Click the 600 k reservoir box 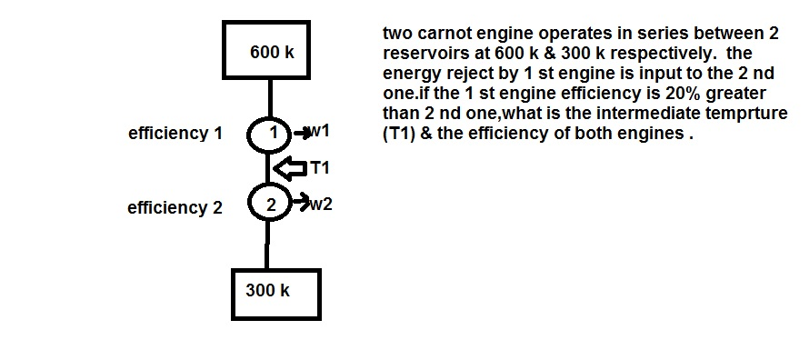[270, 52]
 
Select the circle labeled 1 [269, 133]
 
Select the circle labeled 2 [270, 203]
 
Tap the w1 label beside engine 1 [319, 131]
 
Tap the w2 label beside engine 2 [322, 204]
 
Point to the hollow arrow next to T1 [291, 168]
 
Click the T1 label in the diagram [320, 167]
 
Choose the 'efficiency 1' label [175, 134]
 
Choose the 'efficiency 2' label [175, 208]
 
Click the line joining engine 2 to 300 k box [268, 244]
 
